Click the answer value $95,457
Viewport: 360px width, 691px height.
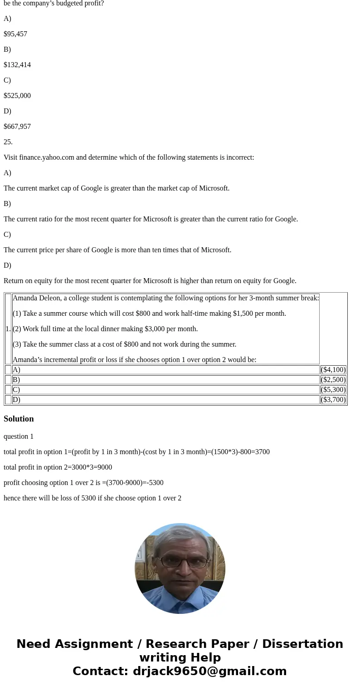(x=15, y=34)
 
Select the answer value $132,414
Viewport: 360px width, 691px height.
(x=17, y=65)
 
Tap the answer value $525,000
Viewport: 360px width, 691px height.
(x=17, y=96)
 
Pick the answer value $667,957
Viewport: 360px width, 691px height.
(x=17, y=127)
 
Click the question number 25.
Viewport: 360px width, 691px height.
(x=8, y=142)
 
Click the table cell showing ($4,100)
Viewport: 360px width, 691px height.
(x=333, y=370)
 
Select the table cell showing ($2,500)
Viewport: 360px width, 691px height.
(x=333, y=380)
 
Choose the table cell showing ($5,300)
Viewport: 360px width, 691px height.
(x=333, y=390)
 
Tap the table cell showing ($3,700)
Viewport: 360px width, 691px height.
(x=333, y=400)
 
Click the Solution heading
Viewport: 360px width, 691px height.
(x=19, y=419)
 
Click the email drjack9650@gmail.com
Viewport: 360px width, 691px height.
(x=209, y=671)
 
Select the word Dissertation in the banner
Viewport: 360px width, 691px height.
(x=302, y=644)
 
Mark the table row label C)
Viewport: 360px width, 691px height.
(x=16, y=390)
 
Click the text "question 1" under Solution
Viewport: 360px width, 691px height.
(x=19, y=436)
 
